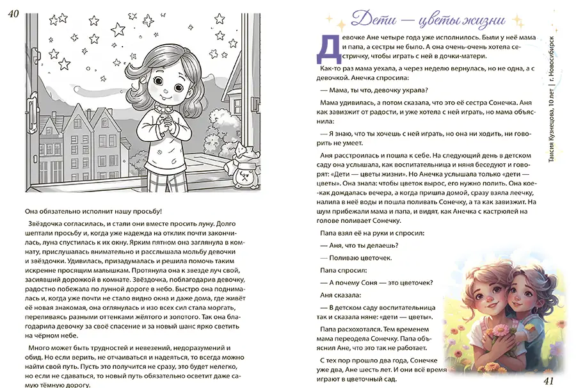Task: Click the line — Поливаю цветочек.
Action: click(x=355, y=257)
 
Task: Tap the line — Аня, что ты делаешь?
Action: click(x=359, y=245)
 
